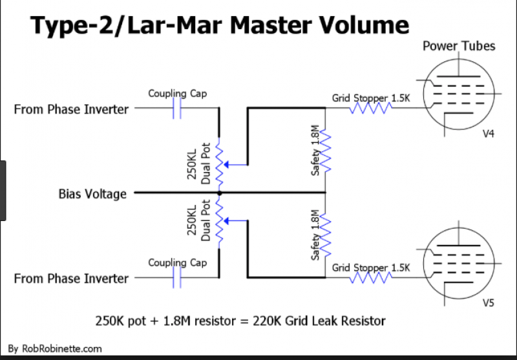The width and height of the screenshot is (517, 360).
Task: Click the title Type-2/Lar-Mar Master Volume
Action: point(220,25)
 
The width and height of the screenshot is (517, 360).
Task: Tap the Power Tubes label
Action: point(459,46)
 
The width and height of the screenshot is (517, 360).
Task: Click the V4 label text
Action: point(490,134)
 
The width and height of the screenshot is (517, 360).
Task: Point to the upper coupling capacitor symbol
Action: point(177,110)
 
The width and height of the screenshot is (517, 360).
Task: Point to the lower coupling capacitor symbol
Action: point(177,279)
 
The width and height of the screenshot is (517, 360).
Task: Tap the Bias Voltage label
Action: point(92,194)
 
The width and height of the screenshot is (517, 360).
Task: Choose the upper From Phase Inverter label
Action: point(71,110)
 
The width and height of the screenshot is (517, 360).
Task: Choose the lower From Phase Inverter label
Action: point(71,279)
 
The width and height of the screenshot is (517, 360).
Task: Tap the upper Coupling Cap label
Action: point(177,93)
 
